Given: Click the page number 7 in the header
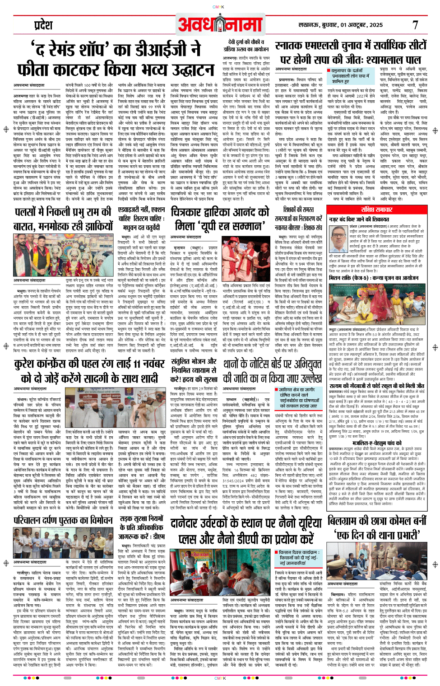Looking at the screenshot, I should point(415,25).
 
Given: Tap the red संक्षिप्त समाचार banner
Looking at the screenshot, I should point(376,210).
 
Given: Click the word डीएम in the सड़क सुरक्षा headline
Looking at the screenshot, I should point(158,536).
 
